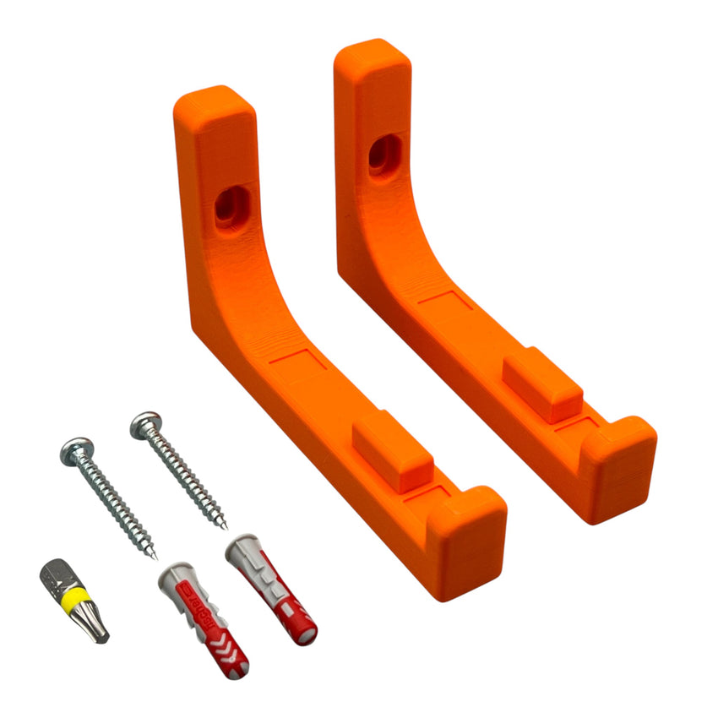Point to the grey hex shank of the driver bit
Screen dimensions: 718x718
pyautogui.click(x=57, y=579)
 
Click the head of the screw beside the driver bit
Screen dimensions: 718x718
pyautogui.click(x=77, y=451)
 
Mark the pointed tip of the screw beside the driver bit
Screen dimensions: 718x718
pyautogui.click(x=155, y=557)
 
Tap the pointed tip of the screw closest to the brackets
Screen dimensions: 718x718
pyautogui.click(x=225, y=526)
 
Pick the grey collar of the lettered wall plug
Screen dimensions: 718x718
pyautogui.click(x=171, y=579)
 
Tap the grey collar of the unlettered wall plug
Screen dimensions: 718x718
pyautogui.click(x=242, y=548)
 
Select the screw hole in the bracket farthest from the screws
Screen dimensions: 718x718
pyautogui.click(x=383, y=153)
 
